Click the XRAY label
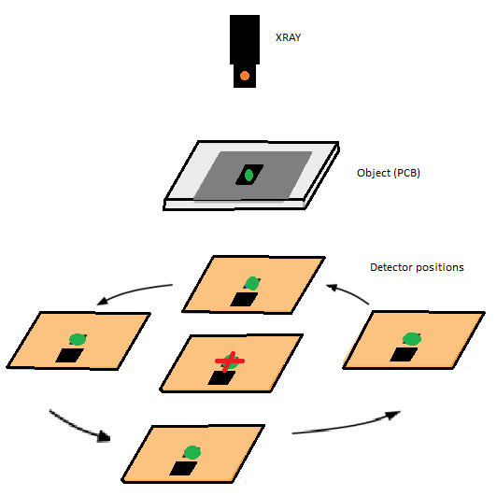pos(288,37)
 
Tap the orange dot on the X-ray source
pos(245,76)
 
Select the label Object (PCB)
pos(389,173)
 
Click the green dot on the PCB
pos(248,175)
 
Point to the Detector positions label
pos(417,267)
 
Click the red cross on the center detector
pos(230,361)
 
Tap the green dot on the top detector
pos(252,283)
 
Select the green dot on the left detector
pos(78,339)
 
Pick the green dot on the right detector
pos(412,339)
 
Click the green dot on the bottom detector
pos(192,453)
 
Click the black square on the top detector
pos(244,300)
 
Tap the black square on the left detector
pos(69,355)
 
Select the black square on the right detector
pos(404,354)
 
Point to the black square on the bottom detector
pos(183,468)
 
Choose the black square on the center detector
pos(221,378)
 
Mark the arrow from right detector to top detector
pos(348,292)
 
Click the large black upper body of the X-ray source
pos(245,39)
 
